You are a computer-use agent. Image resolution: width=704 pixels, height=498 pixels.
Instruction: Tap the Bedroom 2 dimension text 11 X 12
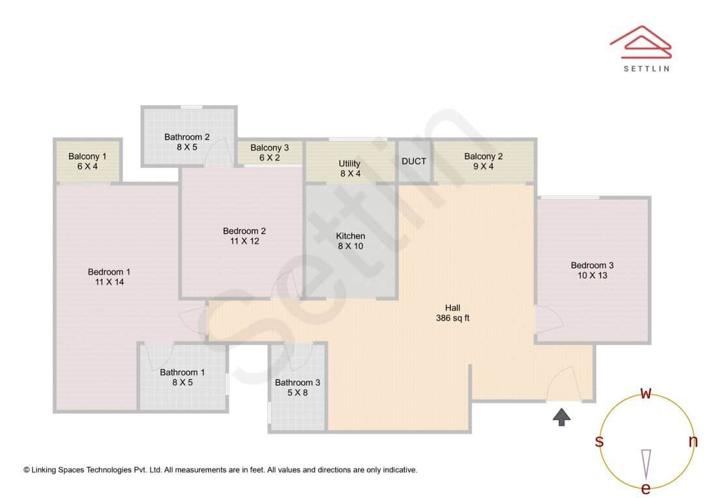click(x=244, y=241)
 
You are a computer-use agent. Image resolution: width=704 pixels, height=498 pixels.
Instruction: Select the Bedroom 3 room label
click(x=592, y=265)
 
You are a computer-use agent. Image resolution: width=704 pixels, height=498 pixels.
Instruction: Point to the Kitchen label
click(x=351, y=236)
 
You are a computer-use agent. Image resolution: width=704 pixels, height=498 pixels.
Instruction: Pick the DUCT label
click(x=414, y=161)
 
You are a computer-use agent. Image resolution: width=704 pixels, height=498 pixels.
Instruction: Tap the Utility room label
click(x=349, y=164)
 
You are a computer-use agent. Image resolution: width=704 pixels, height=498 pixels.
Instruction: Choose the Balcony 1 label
click(x=87, y=156)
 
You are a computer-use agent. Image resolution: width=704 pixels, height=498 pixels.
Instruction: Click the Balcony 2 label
click(x=483, y=156)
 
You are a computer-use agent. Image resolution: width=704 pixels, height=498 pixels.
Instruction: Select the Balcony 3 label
click(x=269, y=148)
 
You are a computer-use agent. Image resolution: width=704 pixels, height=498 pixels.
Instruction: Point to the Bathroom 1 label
click(x=183, y=372)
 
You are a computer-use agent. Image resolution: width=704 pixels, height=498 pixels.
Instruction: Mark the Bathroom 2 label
click(x=187, y=137)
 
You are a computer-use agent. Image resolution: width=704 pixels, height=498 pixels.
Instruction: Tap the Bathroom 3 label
click(x=297, y=383)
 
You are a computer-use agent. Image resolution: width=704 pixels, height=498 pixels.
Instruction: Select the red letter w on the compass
click(x=646, y=393)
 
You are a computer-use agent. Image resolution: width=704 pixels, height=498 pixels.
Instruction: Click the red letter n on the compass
click(x=693, y=441)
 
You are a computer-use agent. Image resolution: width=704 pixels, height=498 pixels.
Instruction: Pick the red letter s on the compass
click(x=599, y=441)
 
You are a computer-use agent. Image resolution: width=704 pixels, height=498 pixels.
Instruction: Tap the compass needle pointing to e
click(x=646, y=463)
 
